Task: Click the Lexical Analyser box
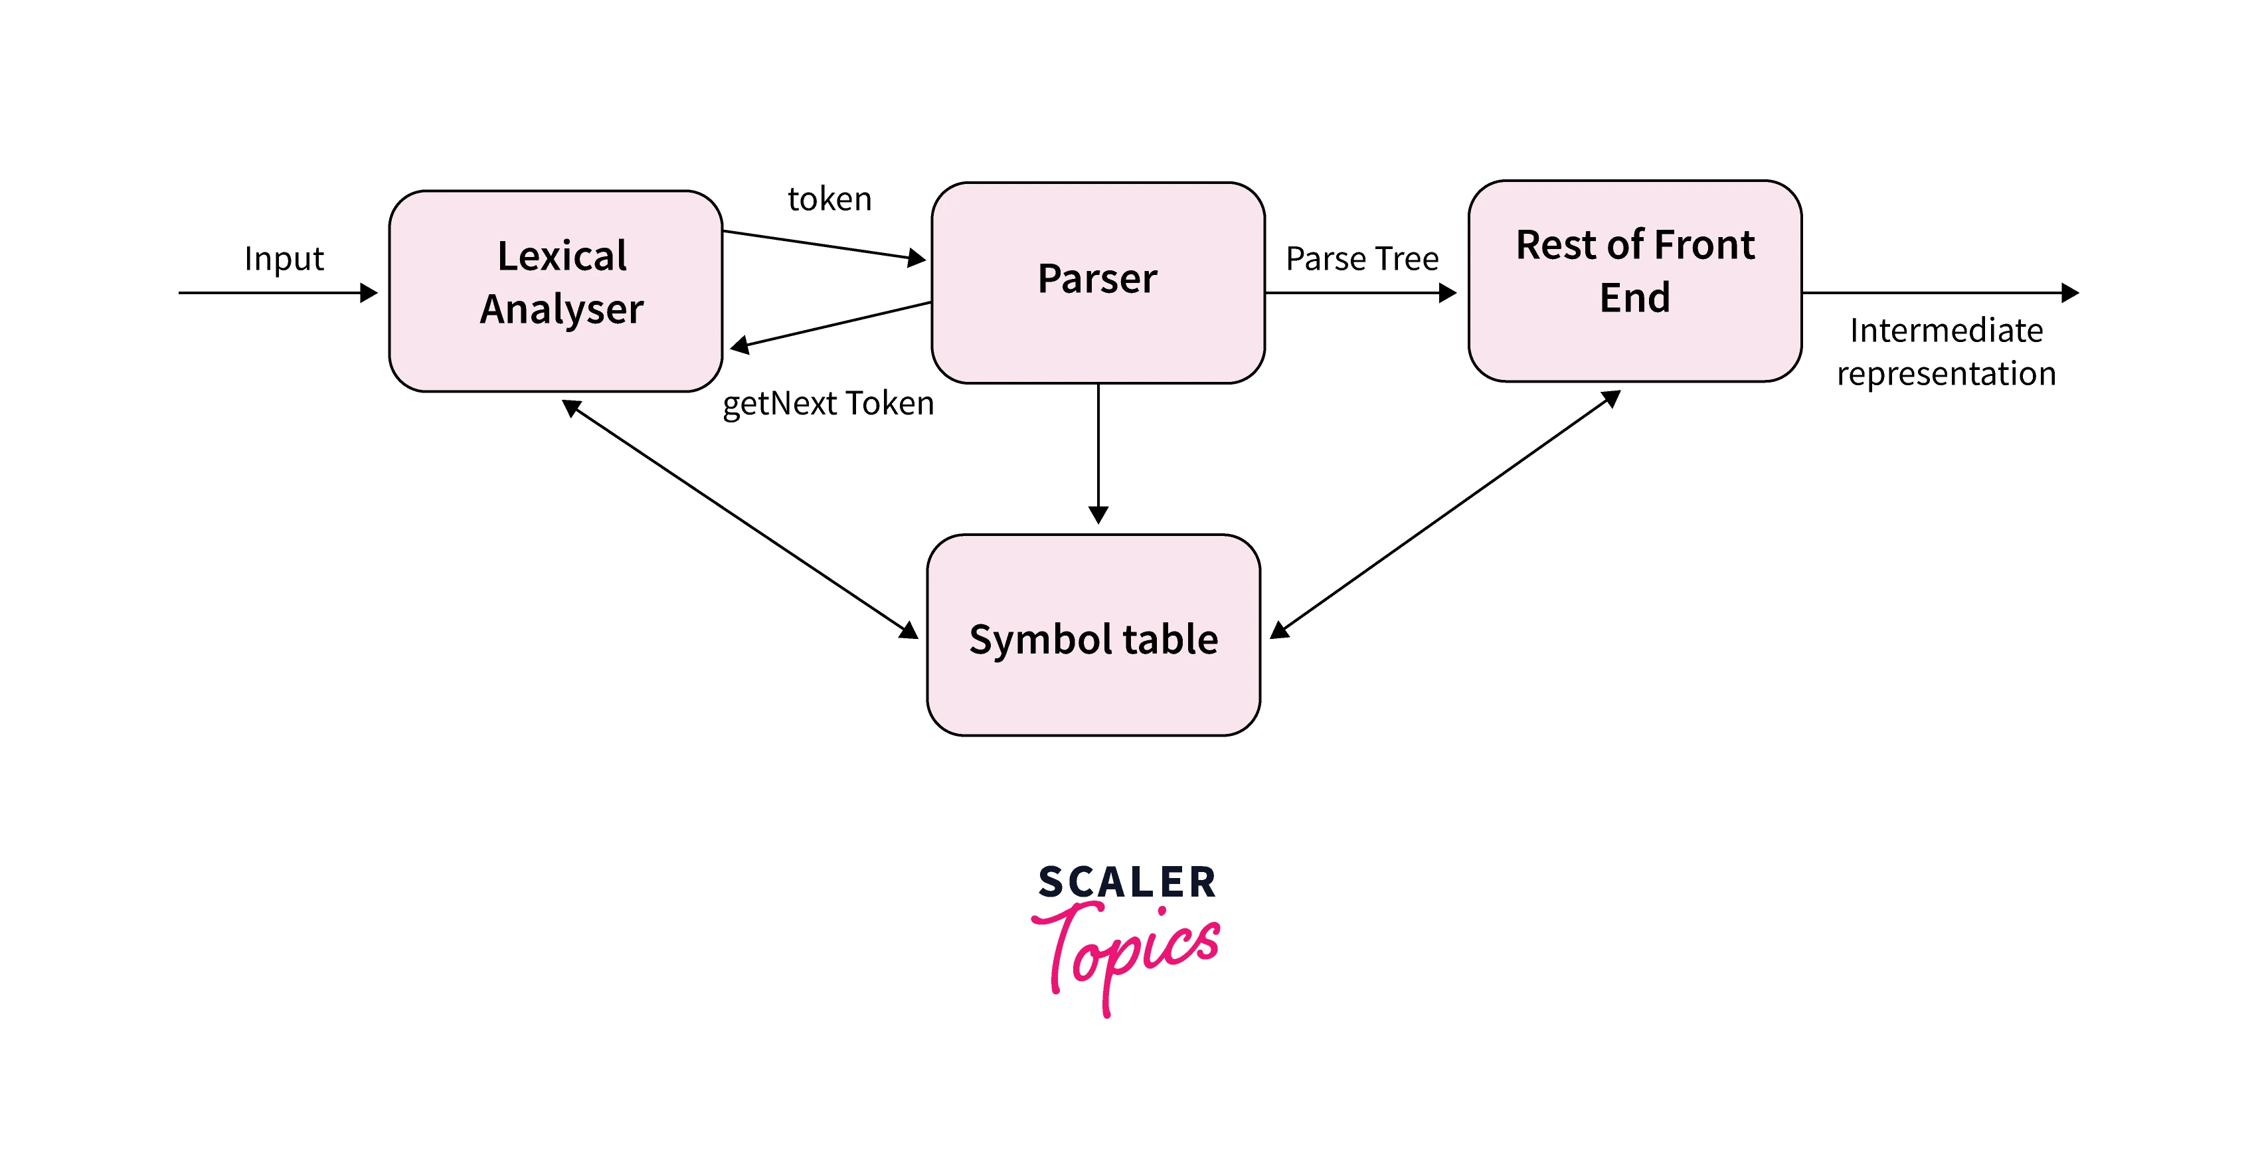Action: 556,291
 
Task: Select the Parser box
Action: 1097,282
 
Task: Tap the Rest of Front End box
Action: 1635,280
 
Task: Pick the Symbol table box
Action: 1093,636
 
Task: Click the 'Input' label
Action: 284,258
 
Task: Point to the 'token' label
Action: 829,200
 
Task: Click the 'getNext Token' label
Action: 828,403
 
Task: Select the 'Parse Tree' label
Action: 1362,258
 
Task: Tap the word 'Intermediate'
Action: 1946,330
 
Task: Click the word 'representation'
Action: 1946,374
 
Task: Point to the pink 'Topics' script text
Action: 1126,951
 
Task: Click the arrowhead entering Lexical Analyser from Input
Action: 369,293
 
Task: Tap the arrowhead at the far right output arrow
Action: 2071,293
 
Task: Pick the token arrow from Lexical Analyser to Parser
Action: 824,245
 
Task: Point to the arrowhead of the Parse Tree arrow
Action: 1448,293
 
